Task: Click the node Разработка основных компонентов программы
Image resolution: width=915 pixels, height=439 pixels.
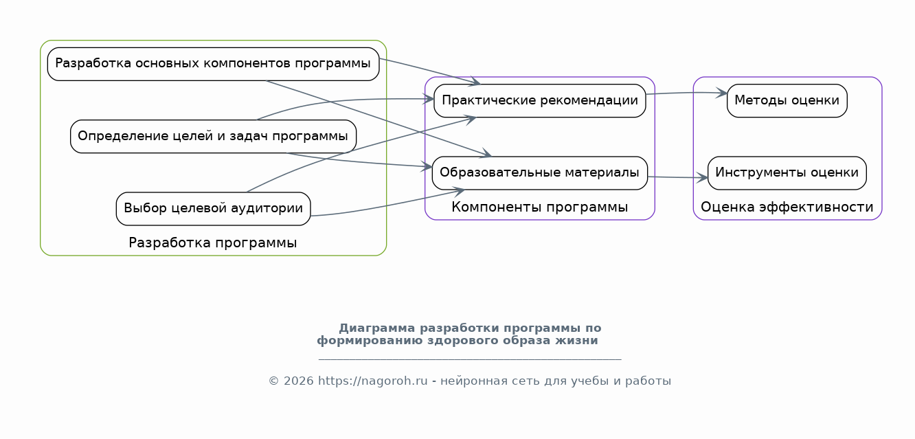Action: [x=213, y=64]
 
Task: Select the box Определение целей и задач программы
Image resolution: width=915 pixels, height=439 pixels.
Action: [x=213, y=136]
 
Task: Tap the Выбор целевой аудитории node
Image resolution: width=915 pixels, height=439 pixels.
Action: [x=213, y=208]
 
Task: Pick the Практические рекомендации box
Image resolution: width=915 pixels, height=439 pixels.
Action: [x=540, y=100]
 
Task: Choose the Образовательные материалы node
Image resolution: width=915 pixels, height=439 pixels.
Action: [x=540, y=172]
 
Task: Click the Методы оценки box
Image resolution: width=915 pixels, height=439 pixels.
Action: [x=787, y=100]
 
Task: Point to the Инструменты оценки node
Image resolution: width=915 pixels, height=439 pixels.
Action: [x=787, y=172]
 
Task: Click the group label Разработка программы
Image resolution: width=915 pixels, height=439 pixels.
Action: [x=213, y=243]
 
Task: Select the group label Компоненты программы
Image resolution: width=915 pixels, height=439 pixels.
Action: [x=540, y=207]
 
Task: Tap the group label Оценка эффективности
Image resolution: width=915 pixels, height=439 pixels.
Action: [x=787, y=207]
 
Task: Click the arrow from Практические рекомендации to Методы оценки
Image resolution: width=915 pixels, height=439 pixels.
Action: [x=687, y=92]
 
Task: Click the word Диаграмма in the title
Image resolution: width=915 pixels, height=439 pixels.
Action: [x=376, y=328]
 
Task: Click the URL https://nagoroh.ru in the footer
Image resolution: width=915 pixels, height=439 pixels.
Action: [x=373, y=381]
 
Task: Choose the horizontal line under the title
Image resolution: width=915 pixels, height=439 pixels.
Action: [x=470, y=359]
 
